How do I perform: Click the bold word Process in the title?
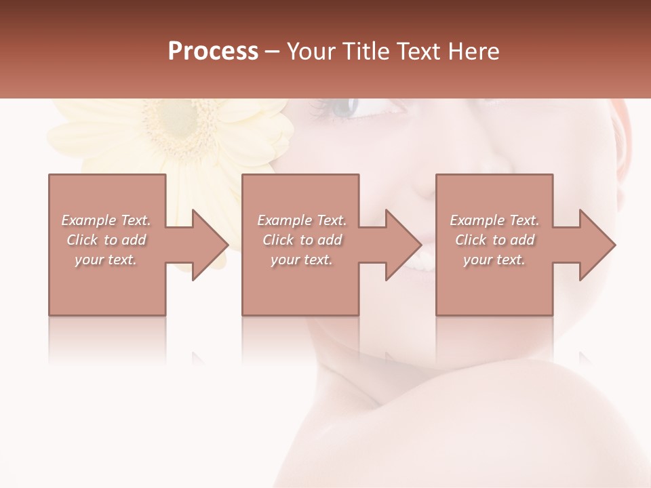[213, 51]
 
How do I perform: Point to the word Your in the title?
[311, 51]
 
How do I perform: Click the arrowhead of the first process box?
[210, 245]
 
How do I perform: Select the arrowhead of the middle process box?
[403, 245]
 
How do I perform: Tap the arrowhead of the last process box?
[597, 245]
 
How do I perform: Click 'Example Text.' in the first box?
[106, 220]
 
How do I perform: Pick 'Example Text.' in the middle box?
[302, 220]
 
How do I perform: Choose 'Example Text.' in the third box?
[494, 220]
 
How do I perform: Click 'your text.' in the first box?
[106, 260]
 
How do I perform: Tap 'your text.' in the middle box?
[301, 260]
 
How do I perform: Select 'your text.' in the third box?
[494, 260]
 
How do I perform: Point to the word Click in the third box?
[471, 240]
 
